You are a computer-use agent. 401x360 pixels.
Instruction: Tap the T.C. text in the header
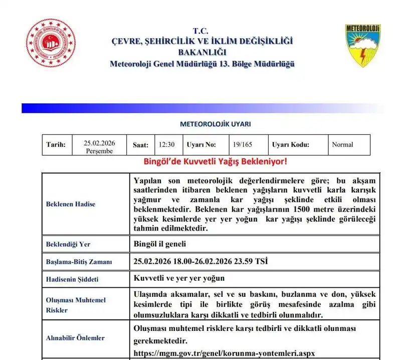pyautogui.click(x=202, y=31)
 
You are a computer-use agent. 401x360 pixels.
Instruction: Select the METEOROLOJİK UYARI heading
pyautogui.click(x=215, y=124)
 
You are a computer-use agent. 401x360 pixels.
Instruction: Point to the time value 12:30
pyautogui.click(x=166, y=144)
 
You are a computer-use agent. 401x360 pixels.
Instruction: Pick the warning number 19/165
pyautogui.click(x=243, y=144)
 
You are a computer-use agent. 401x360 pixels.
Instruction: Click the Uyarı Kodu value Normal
pyautogui.click(x=342, y=144)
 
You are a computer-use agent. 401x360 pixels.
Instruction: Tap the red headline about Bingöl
pyautogui.click(x=216, y=162)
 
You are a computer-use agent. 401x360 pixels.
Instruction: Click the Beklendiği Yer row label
pyautogui.click(x=68, y=244)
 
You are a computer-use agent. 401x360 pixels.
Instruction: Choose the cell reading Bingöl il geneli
pyautogui.click(x=160, y=244)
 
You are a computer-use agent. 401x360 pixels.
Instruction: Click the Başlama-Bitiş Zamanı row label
pyautogui.click(x=79, y=261)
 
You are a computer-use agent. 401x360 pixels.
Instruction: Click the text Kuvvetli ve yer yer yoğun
pyautogui.click(x=179, y=278)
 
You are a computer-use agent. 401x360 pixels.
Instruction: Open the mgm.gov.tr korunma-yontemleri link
pyautogui.click(x=225, y=352)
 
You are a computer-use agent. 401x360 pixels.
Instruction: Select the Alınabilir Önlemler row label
pyautogui.click(x=75, y=338)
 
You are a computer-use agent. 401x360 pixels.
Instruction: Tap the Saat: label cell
pyautogui.click(x=140, y=145)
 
